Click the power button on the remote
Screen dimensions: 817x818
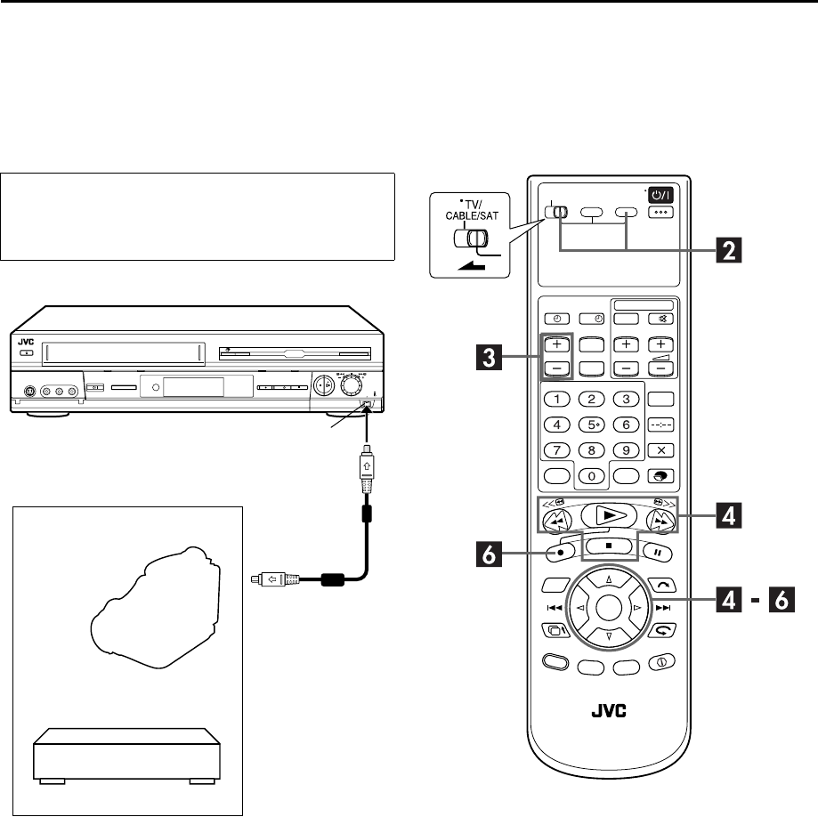pos(661,195)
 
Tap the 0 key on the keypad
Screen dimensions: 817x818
pos(592,476)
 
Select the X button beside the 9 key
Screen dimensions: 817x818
pos(661,450)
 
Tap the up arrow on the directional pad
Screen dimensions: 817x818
pos(609,578)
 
